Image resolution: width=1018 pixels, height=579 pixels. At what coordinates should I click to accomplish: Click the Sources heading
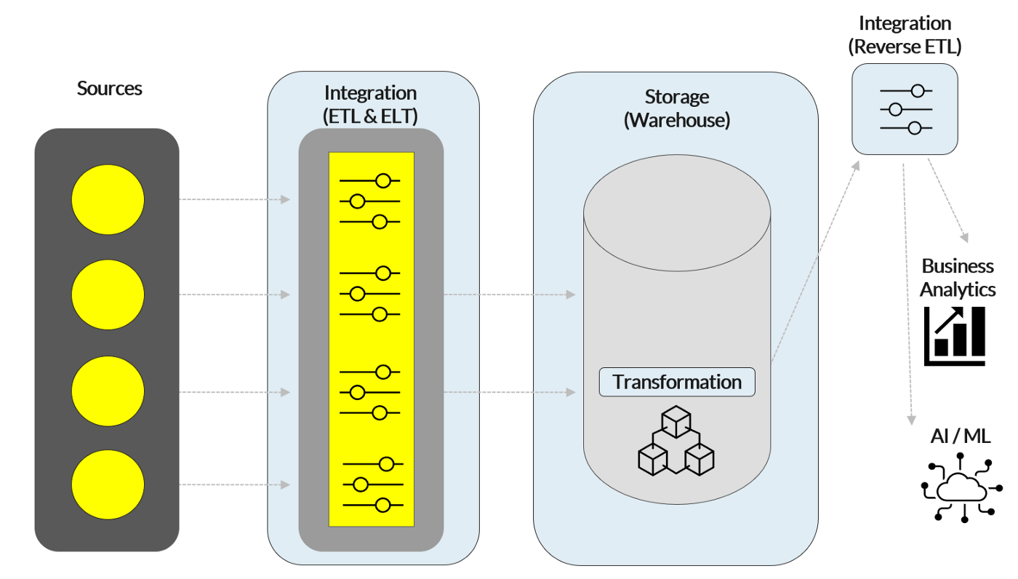109,89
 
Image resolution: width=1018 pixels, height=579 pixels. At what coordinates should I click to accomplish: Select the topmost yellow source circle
108,199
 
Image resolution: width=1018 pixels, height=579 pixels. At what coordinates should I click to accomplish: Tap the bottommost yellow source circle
108,485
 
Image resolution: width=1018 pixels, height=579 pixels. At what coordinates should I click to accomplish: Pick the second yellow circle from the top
108,295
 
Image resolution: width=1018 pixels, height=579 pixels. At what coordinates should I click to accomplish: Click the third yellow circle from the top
108,392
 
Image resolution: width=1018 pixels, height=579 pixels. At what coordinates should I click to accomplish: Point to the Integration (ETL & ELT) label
370,104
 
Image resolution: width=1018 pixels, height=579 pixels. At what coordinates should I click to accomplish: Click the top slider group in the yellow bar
370,201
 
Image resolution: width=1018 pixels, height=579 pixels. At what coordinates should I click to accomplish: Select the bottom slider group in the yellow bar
372,484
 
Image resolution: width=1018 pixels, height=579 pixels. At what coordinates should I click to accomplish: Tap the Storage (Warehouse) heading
676,108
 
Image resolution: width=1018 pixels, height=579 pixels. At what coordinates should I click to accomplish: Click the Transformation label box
676,382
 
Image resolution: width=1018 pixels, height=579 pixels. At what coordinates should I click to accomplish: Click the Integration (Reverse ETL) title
905,35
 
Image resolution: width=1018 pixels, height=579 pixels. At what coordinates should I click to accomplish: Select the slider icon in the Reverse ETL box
905,109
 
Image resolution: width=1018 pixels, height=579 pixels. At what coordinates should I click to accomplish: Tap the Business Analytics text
958,278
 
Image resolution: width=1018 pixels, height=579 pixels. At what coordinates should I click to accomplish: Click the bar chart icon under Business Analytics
955,335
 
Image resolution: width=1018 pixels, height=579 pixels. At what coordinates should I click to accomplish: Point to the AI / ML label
960,436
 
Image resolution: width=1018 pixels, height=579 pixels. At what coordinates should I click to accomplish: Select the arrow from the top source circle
234,199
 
